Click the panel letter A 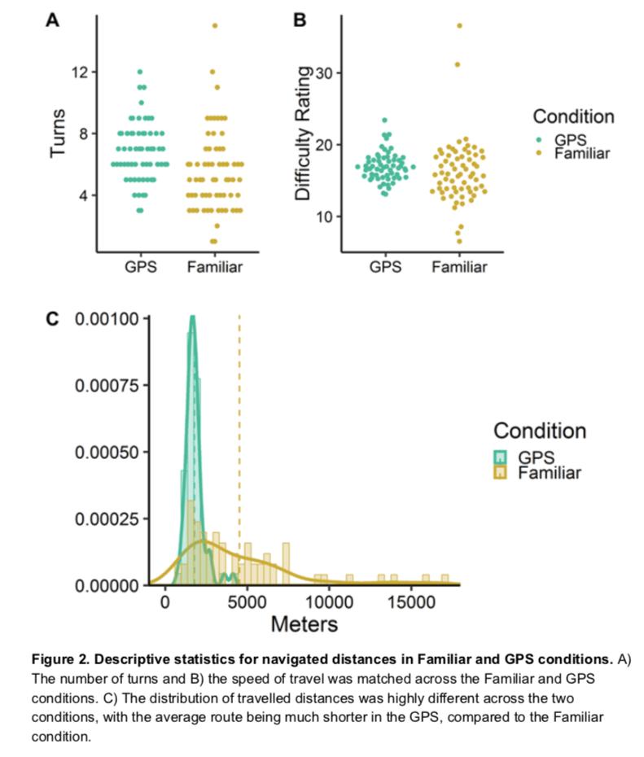tap(53, 20)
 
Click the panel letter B tap(300, 20)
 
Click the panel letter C tap(52, 319)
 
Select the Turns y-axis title tap(58, 133)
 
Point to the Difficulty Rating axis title tap(303, 133)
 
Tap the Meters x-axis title tap(304, 624)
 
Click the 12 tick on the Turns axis tap(80, 72)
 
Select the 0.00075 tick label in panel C tap(107, 386)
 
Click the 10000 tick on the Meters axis tap(329, 602)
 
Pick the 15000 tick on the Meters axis tap(411, 602)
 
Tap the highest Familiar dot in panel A tap(215, 25)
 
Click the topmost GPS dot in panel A tap(140, 72)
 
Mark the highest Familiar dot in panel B tap(459, 26)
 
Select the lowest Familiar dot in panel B tap(459, 242)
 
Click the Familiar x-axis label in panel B tap(459, 267)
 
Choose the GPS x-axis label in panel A tap(141, 267)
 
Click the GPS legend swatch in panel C tap(501, 457)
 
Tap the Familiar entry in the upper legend tap(582, 154)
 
